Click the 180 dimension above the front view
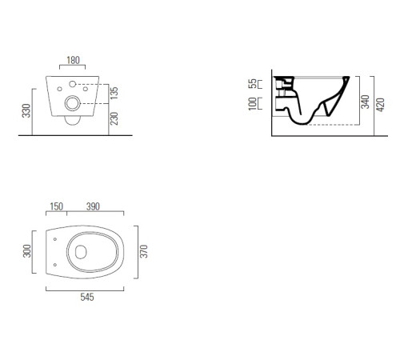74,60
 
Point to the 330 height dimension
26,110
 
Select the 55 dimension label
253,83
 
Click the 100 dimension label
253,104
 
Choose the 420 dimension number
382,102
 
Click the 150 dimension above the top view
56,206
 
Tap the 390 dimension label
93,206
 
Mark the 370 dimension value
144,253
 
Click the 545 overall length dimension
86,298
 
